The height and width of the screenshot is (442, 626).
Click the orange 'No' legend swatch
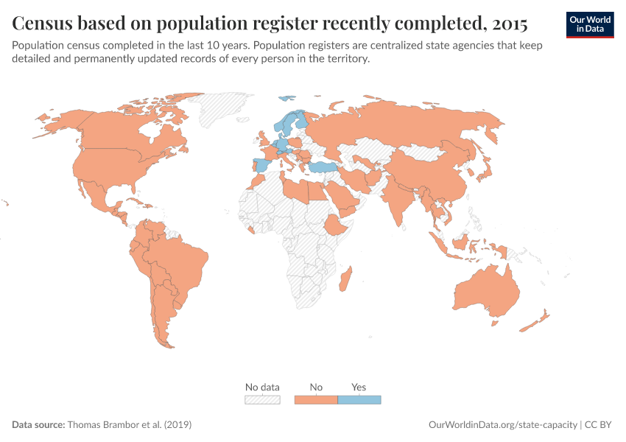(315, 399)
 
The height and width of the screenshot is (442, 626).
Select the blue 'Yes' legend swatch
(359, 399)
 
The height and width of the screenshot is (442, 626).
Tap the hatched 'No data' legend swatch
(262, 399)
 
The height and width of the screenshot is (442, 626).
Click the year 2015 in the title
(507, 24)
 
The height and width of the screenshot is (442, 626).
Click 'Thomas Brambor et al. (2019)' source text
(130, 425)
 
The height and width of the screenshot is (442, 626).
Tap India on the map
(398, 199)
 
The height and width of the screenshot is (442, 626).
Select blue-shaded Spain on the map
(261, 165)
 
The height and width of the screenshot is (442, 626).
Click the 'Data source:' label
(38, 425)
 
